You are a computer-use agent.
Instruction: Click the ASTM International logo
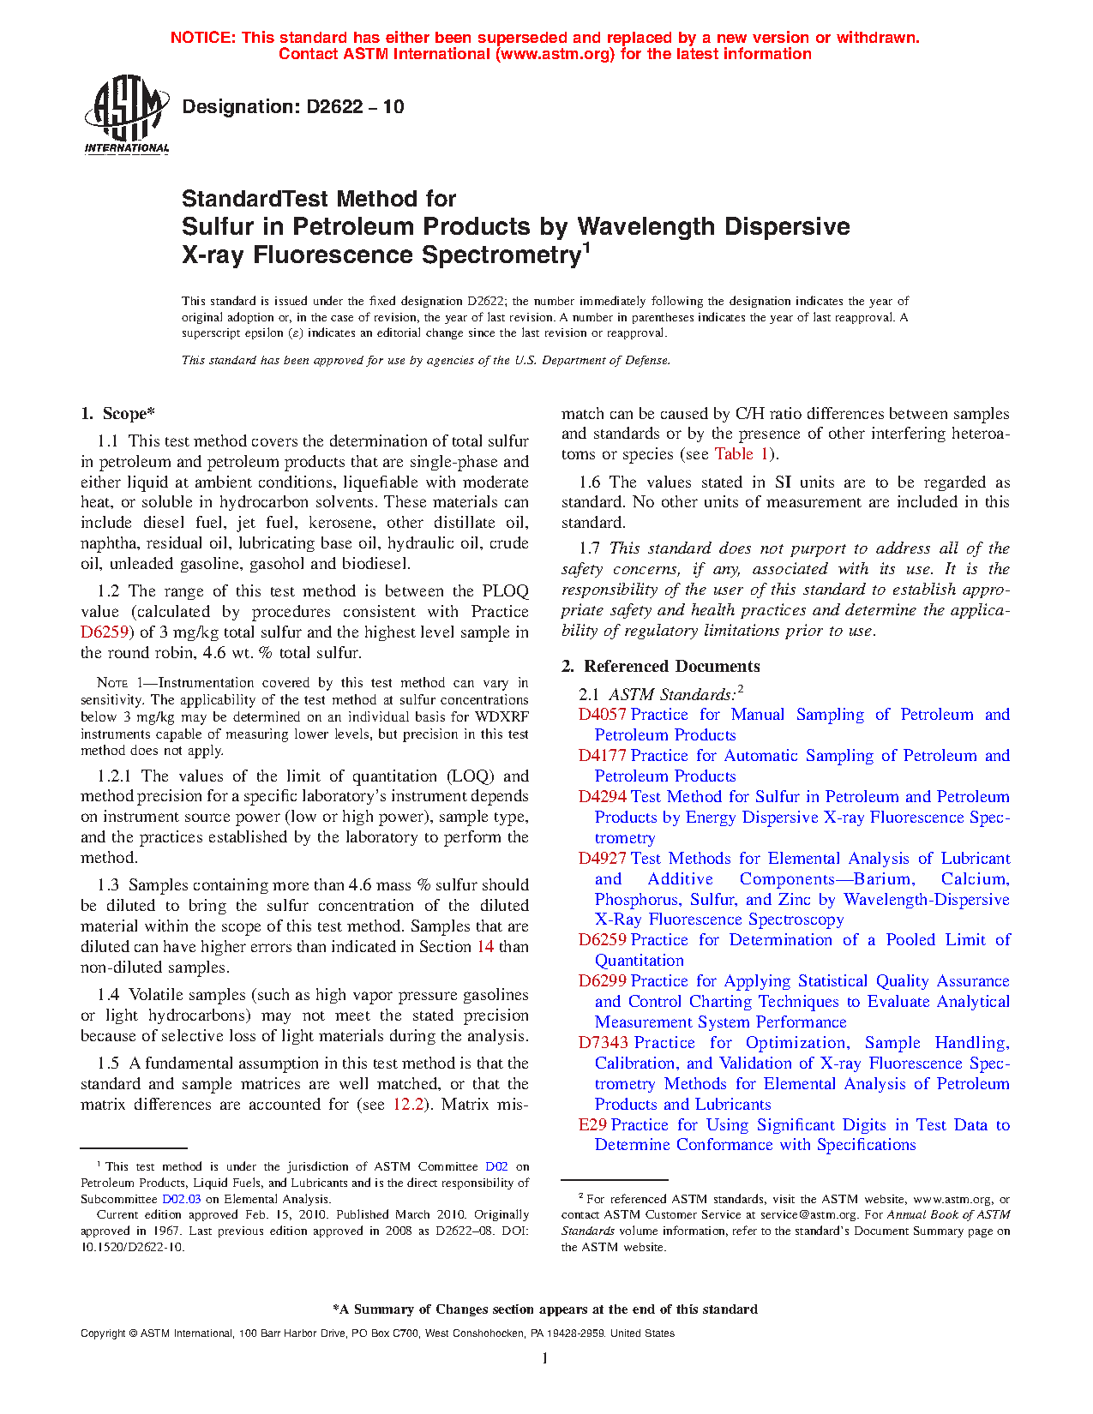[126, 114]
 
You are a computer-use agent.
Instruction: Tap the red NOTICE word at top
[202, 38]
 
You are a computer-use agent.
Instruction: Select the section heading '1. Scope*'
[118, 414]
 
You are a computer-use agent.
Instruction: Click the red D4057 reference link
[603, 715]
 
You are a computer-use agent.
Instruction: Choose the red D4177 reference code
[603, 756]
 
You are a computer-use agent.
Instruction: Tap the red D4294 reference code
[603, 797]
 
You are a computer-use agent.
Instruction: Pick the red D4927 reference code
[603, 859]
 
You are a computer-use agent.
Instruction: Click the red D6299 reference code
[603, 981]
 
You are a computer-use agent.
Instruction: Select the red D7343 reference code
[604, 1043]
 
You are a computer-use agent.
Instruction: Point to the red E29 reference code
[592, 1125]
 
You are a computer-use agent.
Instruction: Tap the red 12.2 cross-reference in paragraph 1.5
[408, 1105]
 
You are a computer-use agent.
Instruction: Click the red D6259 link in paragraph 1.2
[104, 632]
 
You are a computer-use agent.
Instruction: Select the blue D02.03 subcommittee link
[181, 1199]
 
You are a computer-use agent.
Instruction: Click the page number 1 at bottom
[545, 1358]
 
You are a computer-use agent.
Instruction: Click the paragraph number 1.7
[590, 548]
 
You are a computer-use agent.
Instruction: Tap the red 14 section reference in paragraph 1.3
[484, 947]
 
